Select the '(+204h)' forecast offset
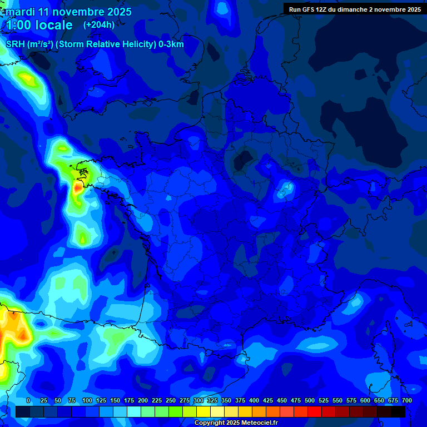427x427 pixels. [x=99, y=24]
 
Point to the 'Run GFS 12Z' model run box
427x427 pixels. [x=355, y=9]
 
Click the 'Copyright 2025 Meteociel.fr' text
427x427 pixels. [x=236, y=423]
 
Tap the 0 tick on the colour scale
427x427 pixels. [x=28, y=400]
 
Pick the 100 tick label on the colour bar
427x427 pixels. [x=87, y=400]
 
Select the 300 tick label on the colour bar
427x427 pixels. [x=198, y=400]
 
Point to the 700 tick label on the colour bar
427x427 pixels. [x=406, y=400]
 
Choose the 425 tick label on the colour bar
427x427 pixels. [x=268, y=400]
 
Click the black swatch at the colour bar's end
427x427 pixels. [x=398, y=412]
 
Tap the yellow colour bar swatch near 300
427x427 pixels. [x=203, y=412]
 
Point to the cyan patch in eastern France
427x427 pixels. [x=287, y=189]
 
